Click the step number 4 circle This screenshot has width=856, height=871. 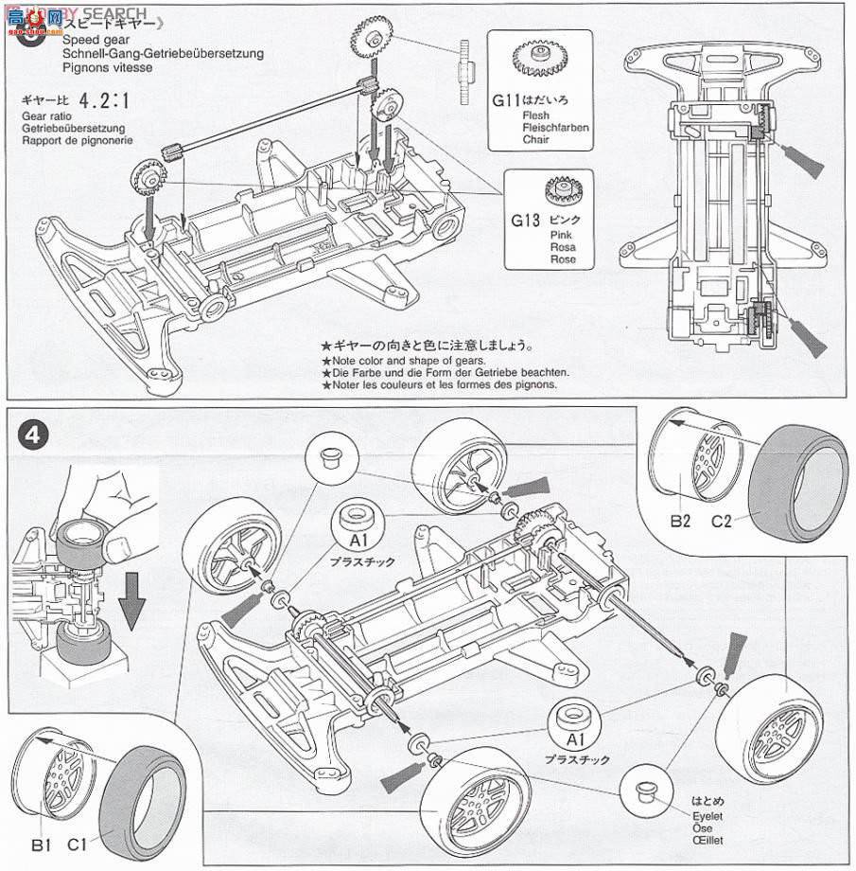point(32,437)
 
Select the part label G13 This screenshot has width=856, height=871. point(525,221)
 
